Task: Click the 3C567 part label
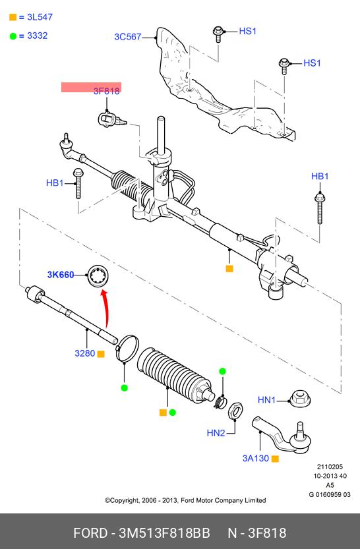(127, 37)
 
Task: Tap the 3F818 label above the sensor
(106, 91)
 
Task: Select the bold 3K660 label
(61, 275)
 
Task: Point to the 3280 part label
(85, 353)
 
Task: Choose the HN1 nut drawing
(300, 399)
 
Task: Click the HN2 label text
(216, 433)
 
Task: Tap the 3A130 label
(256, 458)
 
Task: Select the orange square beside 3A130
(275, 459)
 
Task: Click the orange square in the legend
(13, 17)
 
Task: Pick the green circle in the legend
(13, 36)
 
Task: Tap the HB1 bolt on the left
(77, 183)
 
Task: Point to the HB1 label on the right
(320, 176)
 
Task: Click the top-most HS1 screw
(218, 34)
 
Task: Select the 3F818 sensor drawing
(111, 119)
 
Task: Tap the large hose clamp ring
(127, 348)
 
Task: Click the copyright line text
(185, 500)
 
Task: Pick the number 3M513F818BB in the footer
(164, 533)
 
